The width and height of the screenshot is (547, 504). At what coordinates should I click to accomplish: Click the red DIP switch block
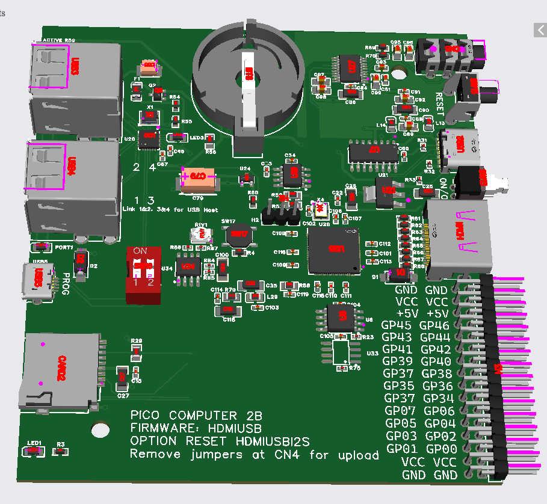click(x=143, y=275)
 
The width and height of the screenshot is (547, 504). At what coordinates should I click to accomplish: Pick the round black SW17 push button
click(x=239, y=235)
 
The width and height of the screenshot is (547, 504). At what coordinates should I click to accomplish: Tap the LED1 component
click(x=34, y=450)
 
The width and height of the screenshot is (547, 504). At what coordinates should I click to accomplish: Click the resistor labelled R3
click(x=60, y=451)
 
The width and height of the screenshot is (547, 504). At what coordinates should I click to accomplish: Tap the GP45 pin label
click(x=398, y=326)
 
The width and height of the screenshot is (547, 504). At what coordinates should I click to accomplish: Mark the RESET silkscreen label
click(x=439, y=103)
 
